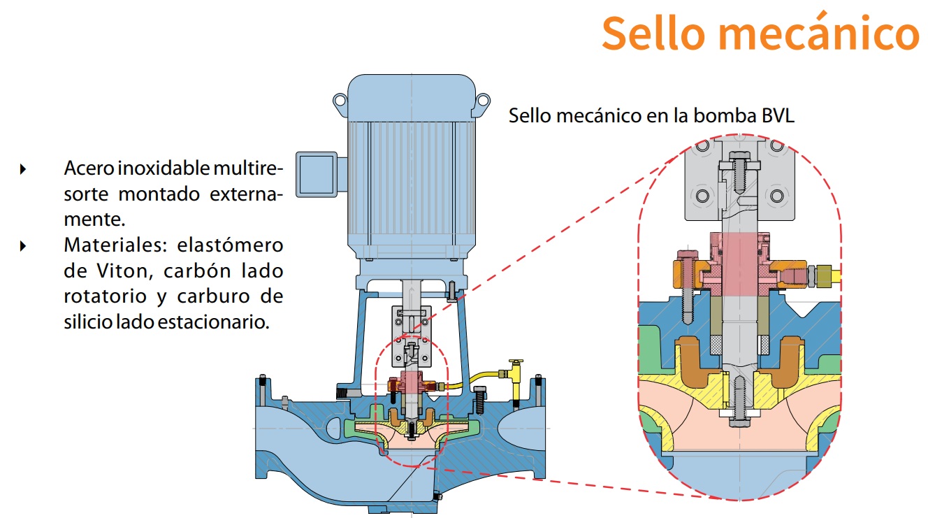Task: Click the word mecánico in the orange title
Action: point(811,32)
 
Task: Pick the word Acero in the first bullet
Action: point(89,168)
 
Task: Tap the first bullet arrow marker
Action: point(24,168)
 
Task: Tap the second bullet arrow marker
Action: point(24,245)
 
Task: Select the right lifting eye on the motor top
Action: point(482,102)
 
